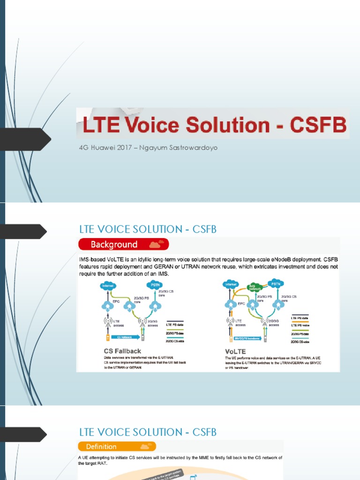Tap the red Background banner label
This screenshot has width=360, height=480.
(x=114, y=244)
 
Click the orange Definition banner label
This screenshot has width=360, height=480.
(x=101, y=446)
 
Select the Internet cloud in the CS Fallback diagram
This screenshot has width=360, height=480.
(x=108, y=285)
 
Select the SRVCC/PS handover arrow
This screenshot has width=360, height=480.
(x=247, y=337)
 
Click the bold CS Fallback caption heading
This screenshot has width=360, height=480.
(x=122, y=351)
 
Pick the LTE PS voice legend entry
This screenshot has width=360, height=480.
(x=300, y=324)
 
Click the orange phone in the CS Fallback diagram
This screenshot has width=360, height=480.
(x=108, y=337)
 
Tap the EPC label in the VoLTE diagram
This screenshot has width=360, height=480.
(x=240, y=303)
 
